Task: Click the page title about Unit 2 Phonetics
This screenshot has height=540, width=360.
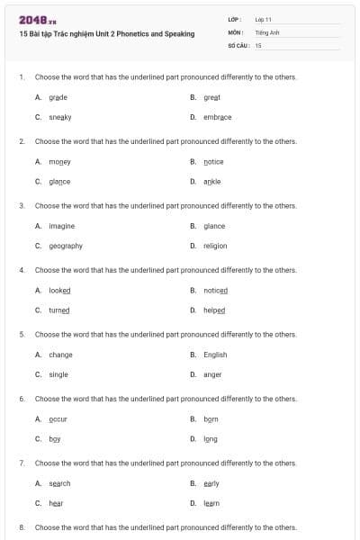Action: [x=106, y=33]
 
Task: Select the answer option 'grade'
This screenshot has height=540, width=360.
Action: [x=58, y=97]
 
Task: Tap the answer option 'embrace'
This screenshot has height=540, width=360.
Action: [x=217, y=117]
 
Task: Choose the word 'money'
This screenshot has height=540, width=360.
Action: [x=59, y=162]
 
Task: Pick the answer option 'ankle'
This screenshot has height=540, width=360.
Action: [x=211, y=181]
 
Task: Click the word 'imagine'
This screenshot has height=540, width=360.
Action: [x=61, y=226]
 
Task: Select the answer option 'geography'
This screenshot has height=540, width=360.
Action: [x=65, y=246]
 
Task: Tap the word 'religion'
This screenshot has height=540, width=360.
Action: [x=215, y=246]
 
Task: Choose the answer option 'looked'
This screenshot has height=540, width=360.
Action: [x=59, y=291]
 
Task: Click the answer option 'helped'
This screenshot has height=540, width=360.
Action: [x=214, y=310]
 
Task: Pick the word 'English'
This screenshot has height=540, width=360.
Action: [x=215, y=355]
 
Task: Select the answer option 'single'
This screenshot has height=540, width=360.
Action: [x=58, y=374]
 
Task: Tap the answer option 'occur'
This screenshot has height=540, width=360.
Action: [x=58, y=419]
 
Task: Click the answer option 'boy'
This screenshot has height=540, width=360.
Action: [x=55, y=439]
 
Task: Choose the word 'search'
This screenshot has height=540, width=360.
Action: [x=59, y=483]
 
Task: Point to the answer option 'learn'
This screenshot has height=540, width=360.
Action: [x=211, y=503]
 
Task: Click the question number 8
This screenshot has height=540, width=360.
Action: [x=22, y=527]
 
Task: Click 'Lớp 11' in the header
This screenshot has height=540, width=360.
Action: [x=264, y=19]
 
